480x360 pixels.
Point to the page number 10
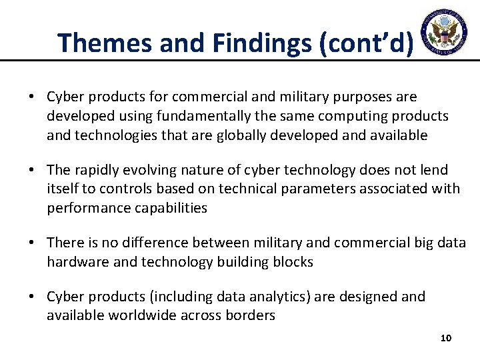(446, 338)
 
